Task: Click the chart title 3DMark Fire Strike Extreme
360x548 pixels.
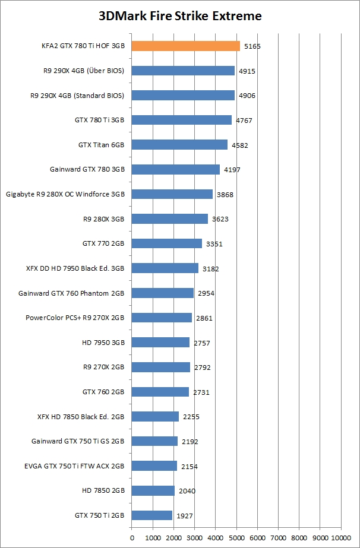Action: pyautogui.click(x=180, y=16)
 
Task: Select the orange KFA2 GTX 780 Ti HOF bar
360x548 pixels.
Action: pyautogui.click(x=185, y=46)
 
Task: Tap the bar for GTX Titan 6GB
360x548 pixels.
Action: pyautogui.click(x=179, y=144)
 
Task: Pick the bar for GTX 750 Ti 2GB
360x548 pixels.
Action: pyautogui.click(x=151, y=515)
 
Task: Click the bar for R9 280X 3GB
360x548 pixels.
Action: pyautogui.click(x=169, y=218)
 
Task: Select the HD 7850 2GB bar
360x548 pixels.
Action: pyautogui.click(x=153, y=490)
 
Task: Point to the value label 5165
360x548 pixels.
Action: pyautogui.click(x=252, y=46)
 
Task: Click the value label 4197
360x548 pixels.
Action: pyautogui.click(x=232, y=170)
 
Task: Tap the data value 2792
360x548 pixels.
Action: pyautogui.click(x=202, y=368)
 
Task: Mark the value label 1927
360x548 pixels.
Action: pyautogui.click(x=184, y=516)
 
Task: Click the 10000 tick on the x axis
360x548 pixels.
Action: pyautogui.click(x=340, y=537)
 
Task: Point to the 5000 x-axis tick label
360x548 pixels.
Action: pyautogui.click(x=236, y=537)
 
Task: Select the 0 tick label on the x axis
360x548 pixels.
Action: pyautogui.click(x=132, y=537)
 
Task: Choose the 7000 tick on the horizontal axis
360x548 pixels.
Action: pyautogui.click(x=278, y=537)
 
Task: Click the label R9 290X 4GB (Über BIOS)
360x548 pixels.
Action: pyautogui.click(x=81, y=70)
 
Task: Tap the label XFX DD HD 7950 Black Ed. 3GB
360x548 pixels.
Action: pyautogui.click(x=75, y=268)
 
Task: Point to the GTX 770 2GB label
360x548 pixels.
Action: pyautogui.click(x=103, y=243)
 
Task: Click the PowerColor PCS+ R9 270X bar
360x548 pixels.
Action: pyautogui.click(x=162, y=318)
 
